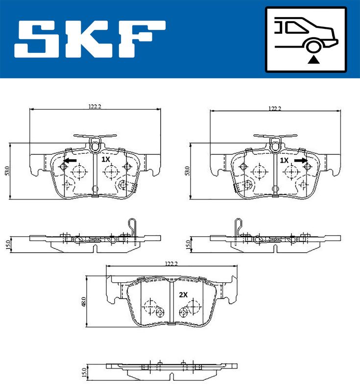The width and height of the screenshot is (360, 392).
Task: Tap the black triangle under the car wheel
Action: [x=313, y=60]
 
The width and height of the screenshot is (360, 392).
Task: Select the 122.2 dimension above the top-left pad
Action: [x=95, y=106]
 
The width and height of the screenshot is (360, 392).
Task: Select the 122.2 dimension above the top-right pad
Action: [x=275, y=108]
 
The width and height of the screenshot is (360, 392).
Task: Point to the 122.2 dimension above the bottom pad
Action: [x=171, y=264]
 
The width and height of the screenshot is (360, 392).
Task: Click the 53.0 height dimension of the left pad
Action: [x=7, y=171]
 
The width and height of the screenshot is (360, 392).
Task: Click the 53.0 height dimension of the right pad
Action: [x=188, y=171]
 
